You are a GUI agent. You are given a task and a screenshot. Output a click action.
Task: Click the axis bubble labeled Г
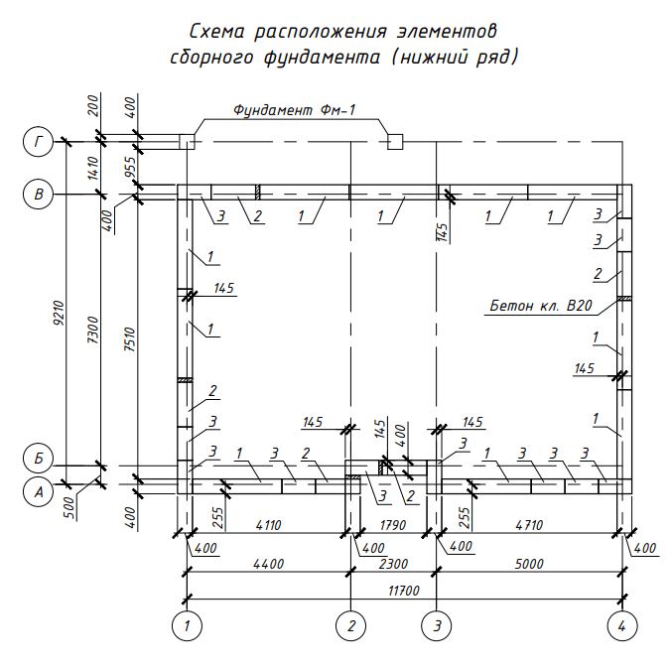coord(38,142)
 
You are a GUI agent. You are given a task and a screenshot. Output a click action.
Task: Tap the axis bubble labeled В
coord(38,194)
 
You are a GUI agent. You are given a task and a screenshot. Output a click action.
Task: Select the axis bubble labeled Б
coord(38,459)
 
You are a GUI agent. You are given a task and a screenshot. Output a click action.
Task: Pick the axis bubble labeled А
coord(38,492)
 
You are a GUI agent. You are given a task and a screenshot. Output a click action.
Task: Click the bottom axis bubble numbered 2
coord(351,626)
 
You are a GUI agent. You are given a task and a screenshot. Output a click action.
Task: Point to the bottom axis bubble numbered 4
coord(622,626)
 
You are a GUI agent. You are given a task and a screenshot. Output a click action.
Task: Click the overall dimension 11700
coord(404,591)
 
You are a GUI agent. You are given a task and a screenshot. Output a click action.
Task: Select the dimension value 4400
coord(268,564)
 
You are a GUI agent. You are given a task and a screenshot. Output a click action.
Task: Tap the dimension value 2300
coord(393,564)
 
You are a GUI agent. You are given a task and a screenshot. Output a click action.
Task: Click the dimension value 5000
coord(529,564)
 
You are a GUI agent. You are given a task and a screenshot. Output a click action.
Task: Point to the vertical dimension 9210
coord(59,313)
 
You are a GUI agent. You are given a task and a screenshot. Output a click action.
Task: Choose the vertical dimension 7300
coord(93,330)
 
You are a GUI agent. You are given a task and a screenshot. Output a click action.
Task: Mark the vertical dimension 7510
coord(130,339)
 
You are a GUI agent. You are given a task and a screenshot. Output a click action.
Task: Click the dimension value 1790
coord(392,525)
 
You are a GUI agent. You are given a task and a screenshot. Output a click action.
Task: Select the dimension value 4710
coord(529,525)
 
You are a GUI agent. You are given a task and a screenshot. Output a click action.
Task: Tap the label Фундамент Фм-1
coord(295,110)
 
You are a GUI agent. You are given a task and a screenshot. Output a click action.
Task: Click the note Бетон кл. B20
coord(541,306)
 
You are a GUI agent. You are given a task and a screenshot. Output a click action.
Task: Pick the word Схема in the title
coord(216,31)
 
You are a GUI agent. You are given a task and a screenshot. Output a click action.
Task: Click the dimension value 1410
coord(93,168)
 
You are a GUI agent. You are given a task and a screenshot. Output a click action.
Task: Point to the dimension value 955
coord(130,168)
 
